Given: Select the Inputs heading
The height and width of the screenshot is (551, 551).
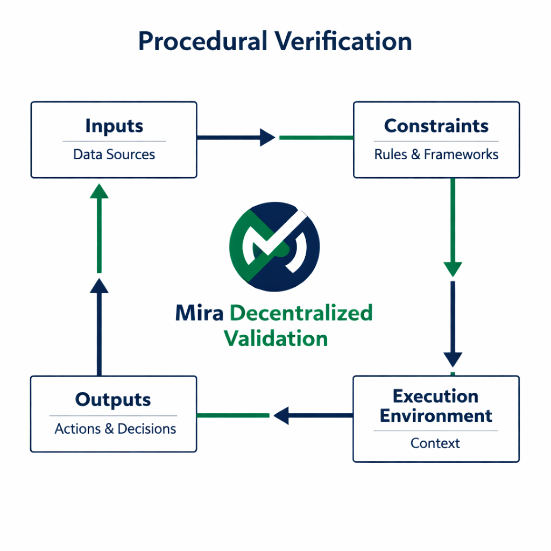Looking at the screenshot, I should point(114,126).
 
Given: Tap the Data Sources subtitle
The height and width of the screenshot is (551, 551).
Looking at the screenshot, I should point(114,155).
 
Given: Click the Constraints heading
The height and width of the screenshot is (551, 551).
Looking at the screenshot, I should point(436,126).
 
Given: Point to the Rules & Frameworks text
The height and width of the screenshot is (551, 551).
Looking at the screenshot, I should point(436,155).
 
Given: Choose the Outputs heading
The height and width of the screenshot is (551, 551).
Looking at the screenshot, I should point(113,400).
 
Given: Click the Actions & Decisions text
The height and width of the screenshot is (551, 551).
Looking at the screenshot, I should point(115,429).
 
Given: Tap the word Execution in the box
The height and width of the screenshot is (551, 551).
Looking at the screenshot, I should point(435,397).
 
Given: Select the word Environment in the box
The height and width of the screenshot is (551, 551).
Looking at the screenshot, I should point(436,416).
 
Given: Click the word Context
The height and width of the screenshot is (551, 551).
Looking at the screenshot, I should point(435,443).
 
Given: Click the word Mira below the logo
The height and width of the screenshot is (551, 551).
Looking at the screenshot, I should point(200,313).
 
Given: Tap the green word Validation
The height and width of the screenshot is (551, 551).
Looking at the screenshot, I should point(275,339).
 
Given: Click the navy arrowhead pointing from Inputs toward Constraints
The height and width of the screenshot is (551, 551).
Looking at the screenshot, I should point(267,138).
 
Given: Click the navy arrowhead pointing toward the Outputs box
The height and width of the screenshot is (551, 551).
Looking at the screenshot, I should point(281,415).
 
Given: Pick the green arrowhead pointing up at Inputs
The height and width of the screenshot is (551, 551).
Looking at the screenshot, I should point(99,191).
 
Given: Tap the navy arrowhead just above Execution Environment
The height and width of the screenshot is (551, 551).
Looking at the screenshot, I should point(453,359).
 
